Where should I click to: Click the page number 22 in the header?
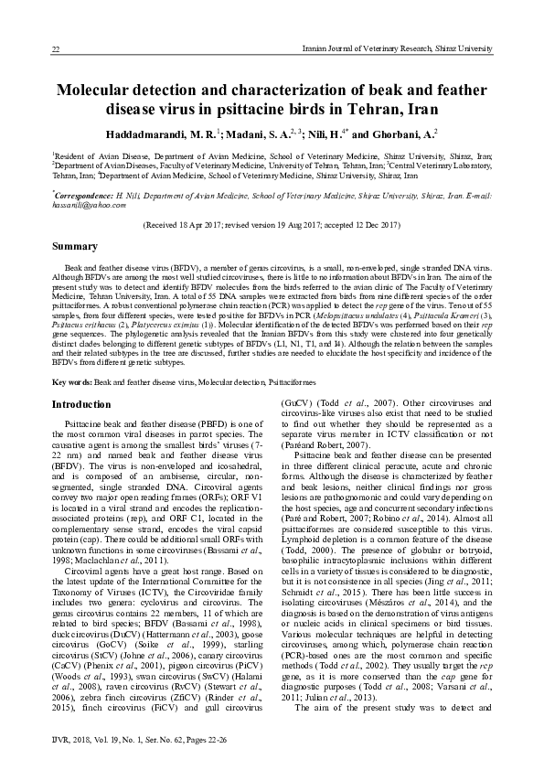[x=56, y=48]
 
